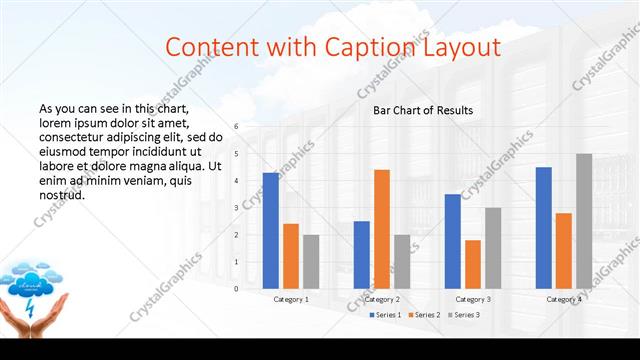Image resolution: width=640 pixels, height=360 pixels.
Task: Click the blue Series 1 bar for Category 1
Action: point(270,230)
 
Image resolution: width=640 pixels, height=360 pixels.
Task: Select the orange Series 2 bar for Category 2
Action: point(381,229)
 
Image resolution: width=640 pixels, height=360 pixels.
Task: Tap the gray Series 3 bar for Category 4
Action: point(583,221)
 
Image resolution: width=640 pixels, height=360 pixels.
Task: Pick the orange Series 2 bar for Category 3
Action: point(472,264)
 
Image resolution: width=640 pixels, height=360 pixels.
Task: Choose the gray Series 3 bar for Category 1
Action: point(311,261)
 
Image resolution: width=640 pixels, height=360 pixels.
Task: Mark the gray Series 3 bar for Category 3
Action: point(492,248)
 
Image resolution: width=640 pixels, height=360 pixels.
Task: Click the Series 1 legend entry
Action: point(385,315)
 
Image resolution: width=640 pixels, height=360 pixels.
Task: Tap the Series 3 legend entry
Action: point(465,315)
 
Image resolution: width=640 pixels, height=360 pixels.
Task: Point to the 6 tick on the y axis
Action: point(237,127)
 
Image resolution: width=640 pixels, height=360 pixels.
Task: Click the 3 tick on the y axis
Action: point(237,208)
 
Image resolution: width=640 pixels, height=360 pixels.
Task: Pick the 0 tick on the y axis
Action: point(237,289)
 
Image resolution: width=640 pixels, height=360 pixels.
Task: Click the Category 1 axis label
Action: point(291,299)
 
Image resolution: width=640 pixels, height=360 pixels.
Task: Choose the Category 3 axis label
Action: point(472,299)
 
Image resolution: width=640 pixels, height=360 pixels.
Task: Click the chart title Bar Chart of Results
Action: point(423,110)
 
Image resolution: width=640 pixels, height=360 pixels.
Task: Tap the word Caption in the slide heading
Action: point(368,46)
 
